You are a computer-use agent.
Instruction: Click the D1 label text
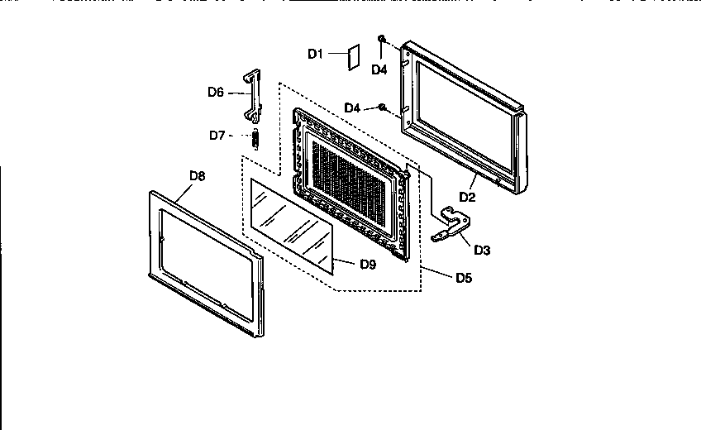(x=315, y=54)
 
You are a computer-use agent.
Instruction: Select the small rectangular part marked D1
(x=352, y=56)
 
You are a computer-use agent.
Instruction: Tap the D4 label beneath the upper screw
(x=379, y=70)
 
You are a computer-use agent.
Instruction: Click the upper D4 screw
(x=382, y=39)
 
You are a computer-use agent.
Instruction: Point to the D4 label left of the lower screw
(x=352, y=108)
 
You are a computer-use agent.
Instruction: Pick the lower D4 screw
(x=382, y=107)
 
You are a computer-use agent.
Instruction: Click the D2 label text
(x=468, y=197)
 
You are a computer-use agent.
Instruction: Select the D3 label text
(x=482, y=250)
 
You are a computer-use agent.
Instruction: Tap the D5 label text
(x=464, y=278)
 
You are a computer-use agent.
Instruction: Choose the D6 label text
(x=216, y=93)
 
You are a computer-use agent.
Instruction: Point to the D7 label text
(x=217, y=135)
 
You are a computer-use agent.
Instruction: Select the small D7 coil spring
(x=256, y=138)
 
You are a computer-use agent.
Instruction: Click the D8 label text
(x=198, y=175)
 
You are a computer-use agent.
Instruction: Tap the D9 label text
(x=369, y=265)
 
